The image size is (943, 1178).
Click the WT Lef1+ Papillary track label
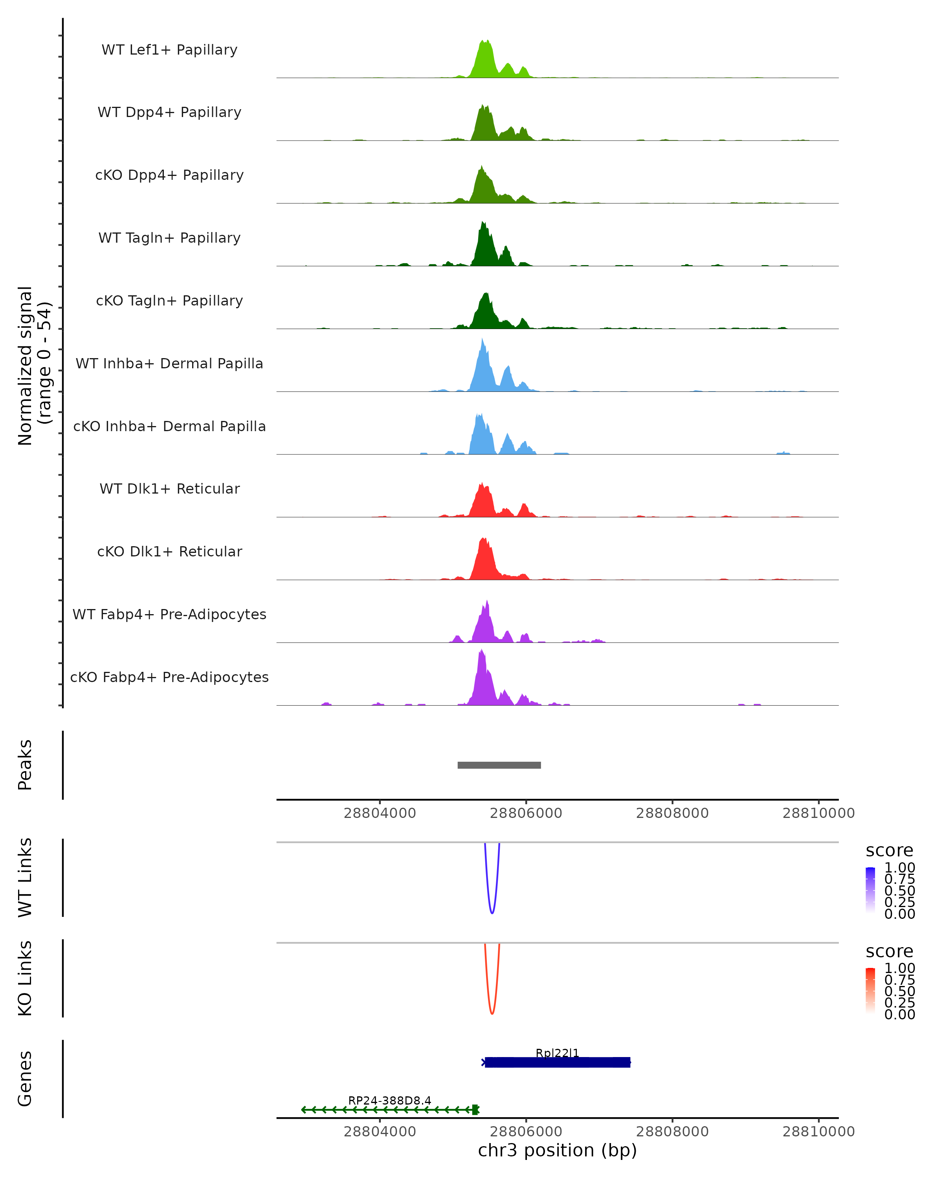pos(169,50)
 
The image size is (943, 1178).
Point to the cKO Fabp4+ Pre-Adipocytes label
pos(169,677)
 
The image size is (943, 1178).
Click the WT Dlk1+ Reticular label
pos(169,488)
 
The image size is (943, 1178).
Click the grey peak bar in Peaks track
pos(499,765)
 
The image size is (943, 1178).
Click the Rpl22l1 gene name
pos(557,1053)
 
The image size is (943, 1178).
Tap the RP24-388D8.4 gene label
pos(390,1100)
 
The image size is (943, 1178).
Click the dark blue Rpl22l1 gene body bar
pos(558,1062)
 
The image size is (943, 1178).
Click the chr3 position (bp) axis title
pos(557,1150)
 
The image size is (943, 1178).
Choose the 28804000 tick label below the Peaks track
pos(380,813)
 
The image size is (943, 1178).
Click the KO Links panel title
pos(25,978)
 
